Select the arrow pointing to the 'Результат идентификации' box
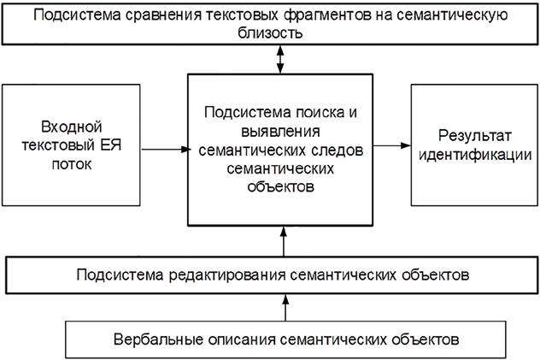click(x=391, y=145)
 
